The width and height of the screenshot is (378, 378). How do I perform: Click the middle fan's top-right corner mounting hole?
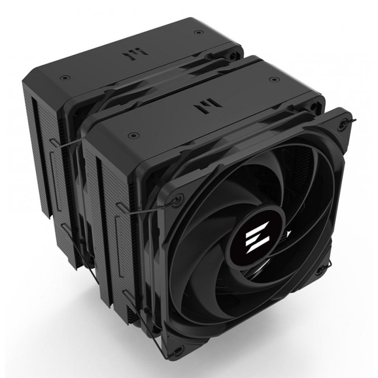tap(313, 107)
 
